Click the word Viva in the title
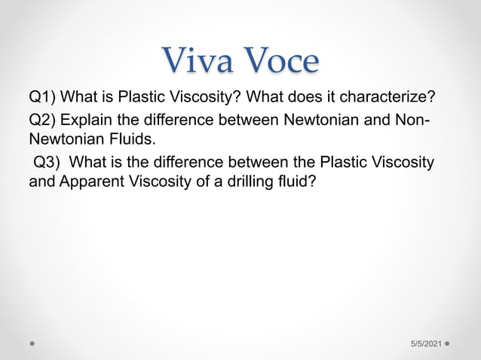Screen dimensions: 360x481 [198, 60]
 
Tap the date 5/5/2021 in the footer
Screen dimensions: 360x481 [426, 343]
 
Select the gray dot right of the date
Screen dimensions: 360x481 [449, 343]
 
